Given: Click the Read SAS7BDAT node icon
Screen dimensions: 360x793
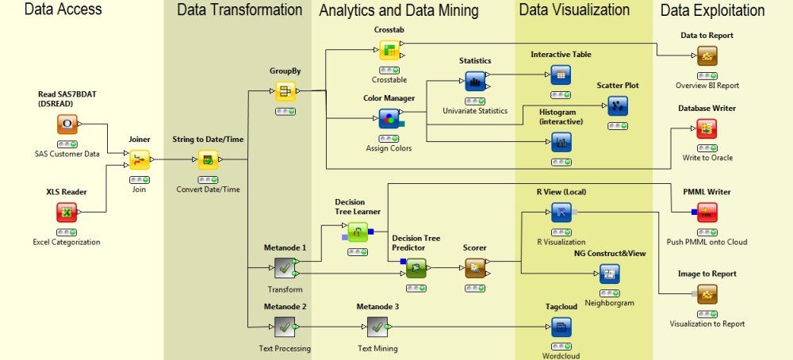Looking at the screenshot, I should point(67,124).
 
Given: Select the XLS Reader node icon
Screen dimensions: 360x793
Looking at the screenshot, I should point(67,213).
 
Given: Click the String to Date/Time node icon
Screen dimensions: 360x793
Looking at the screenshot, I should point(207,160).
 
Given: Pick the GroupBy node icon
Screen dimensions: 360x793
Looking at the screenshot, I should point(285,91).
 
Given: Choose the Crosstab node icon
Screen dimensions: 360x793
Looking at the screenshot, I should point(389,50).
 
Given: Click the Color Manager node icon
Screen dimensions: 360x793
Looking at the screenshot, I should point(389,120).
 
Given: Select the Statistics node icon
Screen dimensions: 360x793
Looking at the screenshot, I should point(475,80).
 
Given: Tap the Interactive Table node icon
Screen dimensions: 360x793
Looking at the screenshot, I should point(561,74).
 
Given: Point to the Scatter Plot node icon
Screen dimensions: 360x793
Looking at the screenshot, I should point(617,105).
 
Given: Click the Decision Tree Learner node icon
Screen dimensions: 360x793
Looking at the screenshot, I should point(358,232).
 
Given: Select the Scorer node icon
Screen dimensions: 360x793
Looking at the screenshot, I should point(475,268).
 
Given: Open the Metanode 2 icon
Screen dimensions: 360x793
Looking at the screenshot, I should point(285,327).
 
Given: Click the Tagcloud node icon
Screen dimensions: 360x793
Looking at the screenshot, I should point(561,326).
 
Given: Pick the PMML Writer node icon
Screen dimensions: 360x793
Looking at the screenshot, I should point(707,213).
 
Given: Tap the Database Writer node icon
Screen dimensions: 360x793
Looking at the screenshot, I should point(707,128).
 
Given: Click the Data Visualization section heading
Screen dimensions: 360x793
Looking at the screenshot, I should point(574,10).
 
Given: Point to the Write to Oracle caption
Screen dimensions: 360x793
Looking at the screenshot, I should point(707,157).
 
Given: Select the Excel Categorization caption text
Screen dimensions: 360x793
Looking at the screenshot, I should point(67,241).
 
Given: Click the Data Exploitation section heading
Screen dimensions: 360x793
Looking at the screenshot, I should point(712,10).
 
